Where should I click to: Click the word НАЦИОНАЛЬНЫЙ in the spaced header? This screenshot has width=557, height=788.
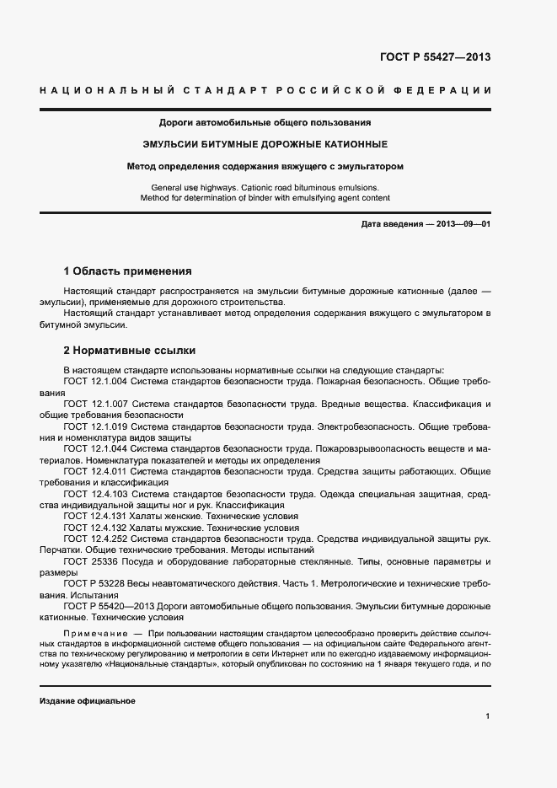tap(104, 90)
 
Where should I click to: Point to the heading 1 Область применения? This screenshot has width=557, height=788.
tap(128, 271)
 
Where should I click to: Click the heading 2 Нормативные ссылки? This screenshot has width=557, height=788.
tap(130, 350)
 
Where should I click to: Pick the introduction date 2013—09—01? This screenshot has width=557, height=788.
tap(461, 223)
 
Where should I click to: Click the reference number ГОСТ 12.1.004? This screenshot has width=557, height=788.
tap(96, 381)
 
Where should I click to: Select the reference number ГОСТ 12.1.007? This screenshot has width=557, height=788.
tap(96, 404)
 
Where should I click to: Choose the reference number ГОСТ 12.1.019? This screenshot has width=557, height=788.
tap(96, 426)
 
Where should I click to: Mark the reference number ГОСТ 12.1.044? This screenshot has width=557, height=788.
tap(96, 449)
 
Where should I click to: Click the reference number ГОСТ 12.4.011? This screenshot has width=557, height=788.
tap(96, 472)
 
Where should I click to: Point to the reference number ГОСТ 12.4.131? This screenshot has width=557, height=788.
tap(96, 516)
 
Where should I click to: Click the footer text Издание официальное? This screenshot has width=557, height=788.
tap(88, 701)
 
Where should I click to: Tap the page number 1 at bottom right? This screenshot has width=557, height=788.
tap(488, 716)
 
